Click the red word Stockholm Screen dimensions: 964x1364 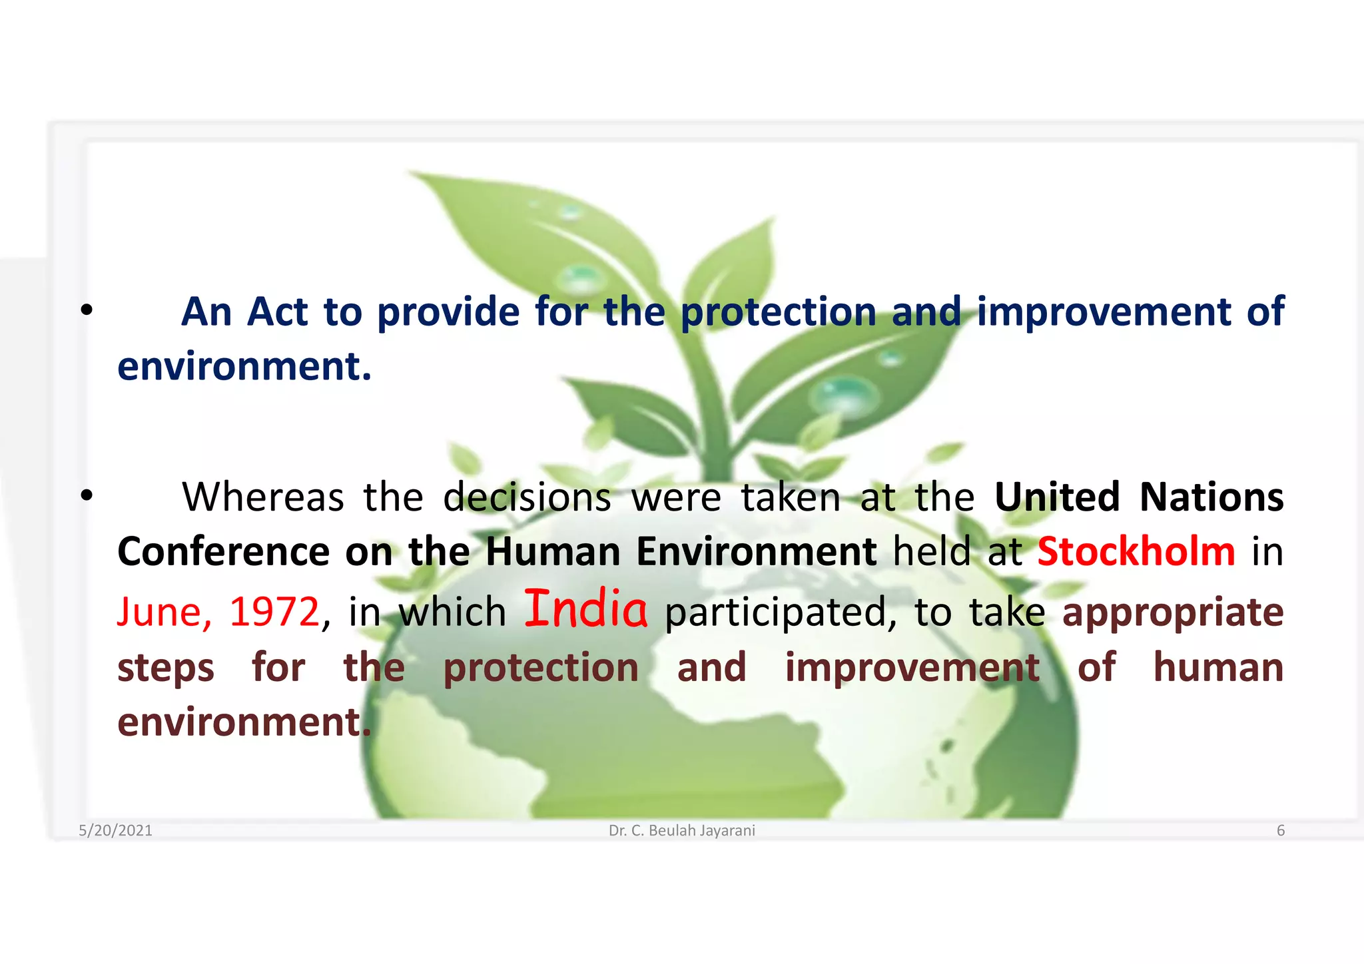tap(1136, 551)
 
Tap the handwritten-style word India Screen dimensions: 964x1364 tap(585, 608)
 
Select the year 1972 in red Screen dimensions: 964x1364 tap(274, 612)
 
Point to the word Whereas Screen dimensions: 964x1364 tap(263, 497)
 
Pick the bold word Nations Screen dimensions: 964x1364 tap(1211, 497)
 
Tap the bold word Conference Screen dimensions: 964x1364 tap(223, 551)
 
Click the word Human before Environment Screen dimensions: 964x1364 tap(553, 551)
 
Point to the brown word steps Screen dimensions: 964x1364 tap(166, 668)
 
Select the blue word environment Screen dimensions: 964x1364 tap(244, 366)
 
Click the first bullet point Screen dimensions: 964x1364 tap(86, 310)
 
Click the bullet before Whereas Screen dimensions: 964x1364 tap(86, 496)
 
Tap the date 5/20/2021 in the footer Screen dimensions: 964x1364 tap(115, 830)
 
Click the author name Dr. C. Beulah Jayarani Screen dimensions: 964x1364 tap(681, 830)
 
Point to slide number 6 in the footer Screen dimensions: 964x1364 tap(1280, 830)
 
